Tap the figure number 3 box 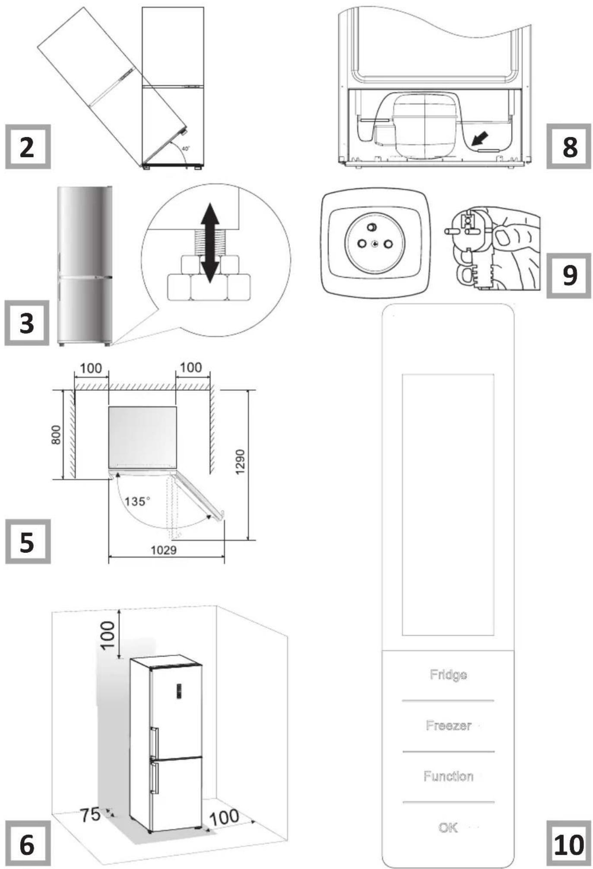pos(27,323)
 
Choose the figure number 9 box pos(569,276)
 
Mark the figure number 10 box pos(569,844)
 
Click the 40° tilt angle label pos(185,148)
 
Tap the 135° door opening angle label pos(137,501)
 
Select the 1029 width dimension pos(164,550)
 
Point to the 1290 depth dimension pos(240,462)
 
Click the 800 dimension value pos(56,434)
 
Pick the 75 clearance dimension pos(90,815)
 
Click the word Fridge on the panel pos(448,675)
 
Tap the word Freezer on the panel pos(448,725)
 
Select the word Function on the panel pos(448,776)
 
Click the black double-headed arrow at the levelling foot pos(210,243)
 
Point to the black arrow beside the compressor pos(480,139)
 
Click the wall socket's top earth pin pos(371,227)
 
